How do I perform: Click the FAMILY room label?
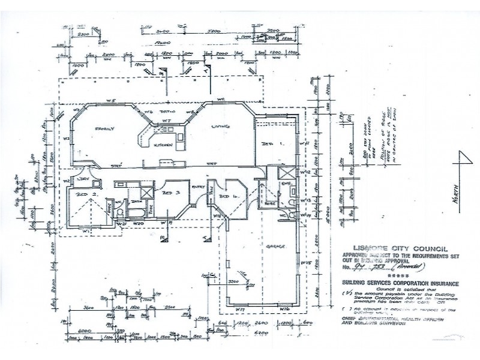pos(104,128)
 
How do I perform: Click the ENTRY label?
pos(198,187)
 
